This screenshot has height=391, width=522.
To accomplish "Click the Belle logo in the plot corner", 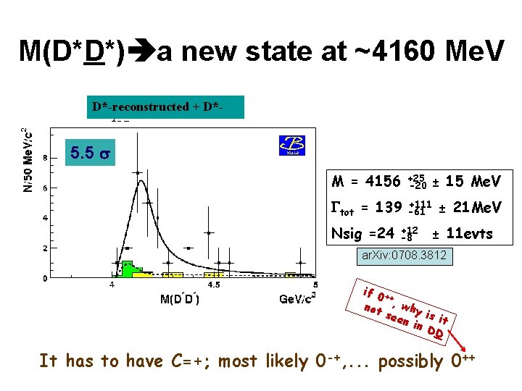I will click(292, 145).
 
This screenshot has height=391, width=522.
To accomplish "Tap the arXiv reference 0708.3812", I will click(405, 256).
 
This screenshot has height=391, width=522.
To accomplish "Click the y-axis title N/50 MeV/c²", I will click(26, 159).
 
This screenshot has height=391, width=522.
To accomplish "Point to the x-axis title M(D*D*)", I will click(179, 299).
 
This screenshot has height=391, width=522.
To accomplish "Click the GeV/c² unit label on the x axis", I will click(302, 298).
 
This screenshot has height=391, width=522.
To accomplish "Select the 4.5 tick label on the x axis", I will click(215, 285).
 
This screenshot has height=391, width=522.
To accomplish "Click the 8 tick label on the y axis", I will click(46, 157).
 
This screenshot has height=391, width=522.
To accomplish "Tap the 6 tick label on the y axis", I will click(46, 188).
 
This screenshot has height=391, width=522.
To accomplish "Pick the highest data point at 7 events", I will click(138, 172).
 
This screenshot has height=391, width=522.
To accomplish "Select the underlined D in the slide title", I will click(92, 51).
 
